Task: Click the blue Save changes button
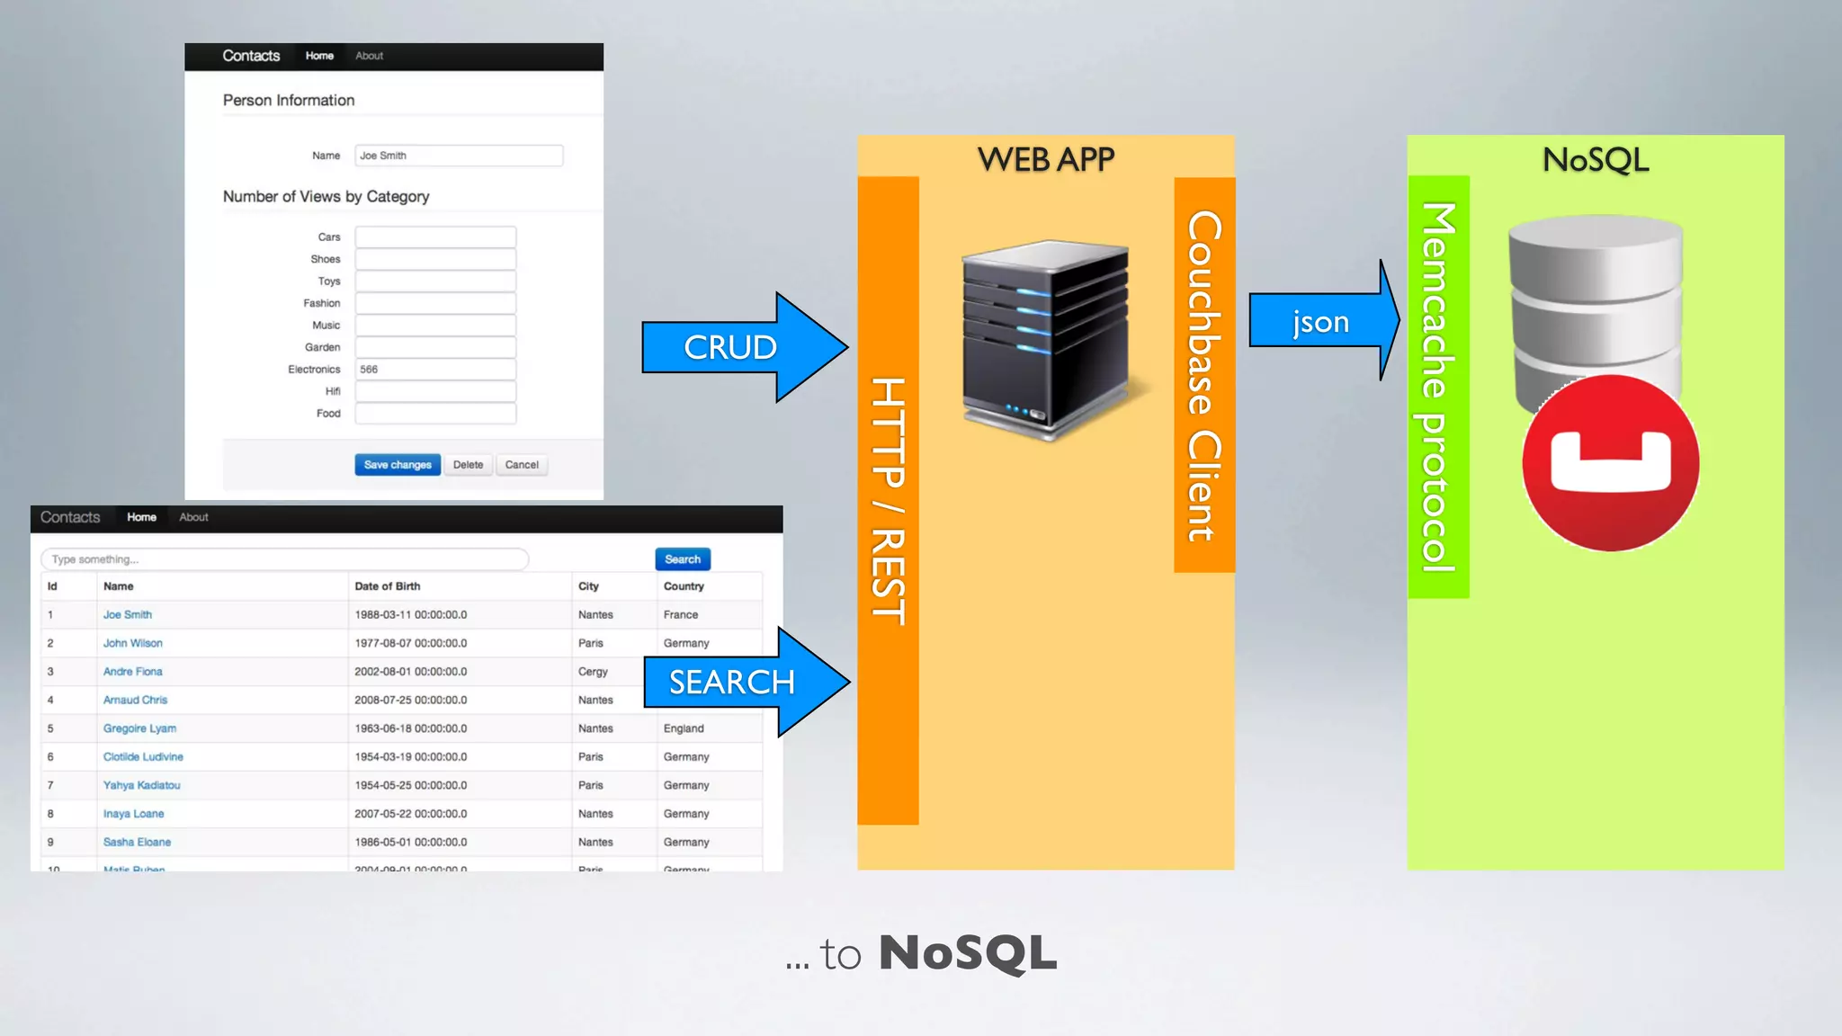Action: (x=398, y=465)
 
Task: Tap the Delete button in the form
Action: (x=468, y=465)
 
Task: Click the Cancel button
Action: (x=522, y=465)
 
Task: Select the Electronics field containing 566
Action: (x=435, y=370)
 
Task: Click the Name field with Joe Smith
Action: (x=459, y=156)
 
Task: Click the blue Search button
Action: (x=683, y=559)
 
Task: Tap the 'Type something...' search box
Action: (x=284, y=559)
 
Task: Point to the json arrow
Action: (x=1320, y=321)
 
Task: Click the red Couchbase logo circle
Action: (x=1610, y=463)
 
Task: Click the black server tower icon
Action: (x=1045, y=340)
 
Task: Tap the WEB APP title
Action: (x=1045, y=160)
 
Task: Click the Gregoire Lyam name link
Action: (x=139, y=728)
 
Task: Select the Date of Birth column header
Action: (x=388, y=586)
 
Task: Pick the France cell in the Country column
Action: (x=681, y=615)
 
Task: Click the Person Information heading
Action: (x=289, y=101)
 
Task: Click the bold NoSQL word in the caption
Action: (x=968, y=953)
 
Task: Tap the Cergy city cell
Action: (x=593, y=672)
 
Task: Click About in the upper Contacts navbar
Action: (x=369, y=56)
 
